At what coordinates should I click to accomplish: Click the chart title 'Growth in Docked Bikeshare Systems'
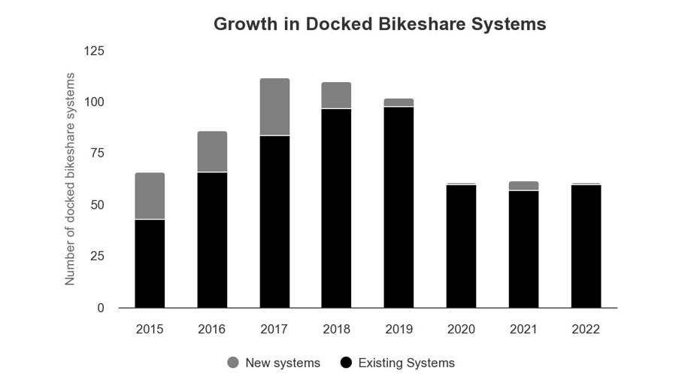(380, 24)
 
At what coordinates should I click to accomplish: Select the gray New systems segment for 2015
(150, 196)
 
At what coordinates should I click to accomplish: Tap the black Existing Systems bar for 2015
(150, 263)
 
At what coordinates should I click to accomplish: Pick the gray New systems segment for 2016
(212, 151)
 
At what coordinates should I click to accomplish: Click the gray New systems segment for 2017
(274, 107)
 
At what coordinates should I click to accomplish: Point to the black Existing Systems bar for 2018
(336, 208)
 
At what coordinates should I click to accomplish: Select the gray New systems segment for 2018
(336, 96)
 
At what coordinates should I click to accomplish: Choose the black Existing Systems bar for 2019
(399, 207)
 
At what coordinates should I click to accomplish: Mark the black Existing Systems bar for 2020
(461, 246)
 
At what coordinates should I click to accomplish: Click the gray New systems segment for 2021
(523, 186)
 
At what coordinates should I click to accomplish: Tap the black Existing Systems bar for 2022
(586, 246)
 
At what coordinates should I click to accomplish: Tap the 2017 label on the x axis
(274, 330)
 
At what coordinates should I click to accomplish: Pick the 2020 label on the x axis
(461, 330)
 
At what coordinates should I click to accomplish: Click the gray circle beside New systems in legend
(233, 363)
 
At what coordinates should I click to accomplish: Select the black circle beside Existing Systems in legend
(346, 363)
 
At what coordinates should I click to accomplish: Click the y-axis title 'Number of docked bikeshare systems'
(70, 179)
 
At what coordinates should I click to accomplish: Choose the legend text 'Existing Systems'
(406, 363)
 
